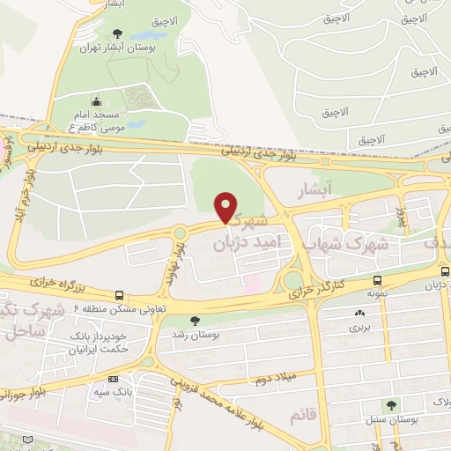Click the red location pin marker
[226, 207]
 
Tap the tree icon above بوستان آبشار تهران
[116, 34]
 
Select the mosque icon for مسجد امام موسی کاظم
[96, 101]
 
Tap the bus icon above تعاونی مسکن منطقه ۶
[119, 295]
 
